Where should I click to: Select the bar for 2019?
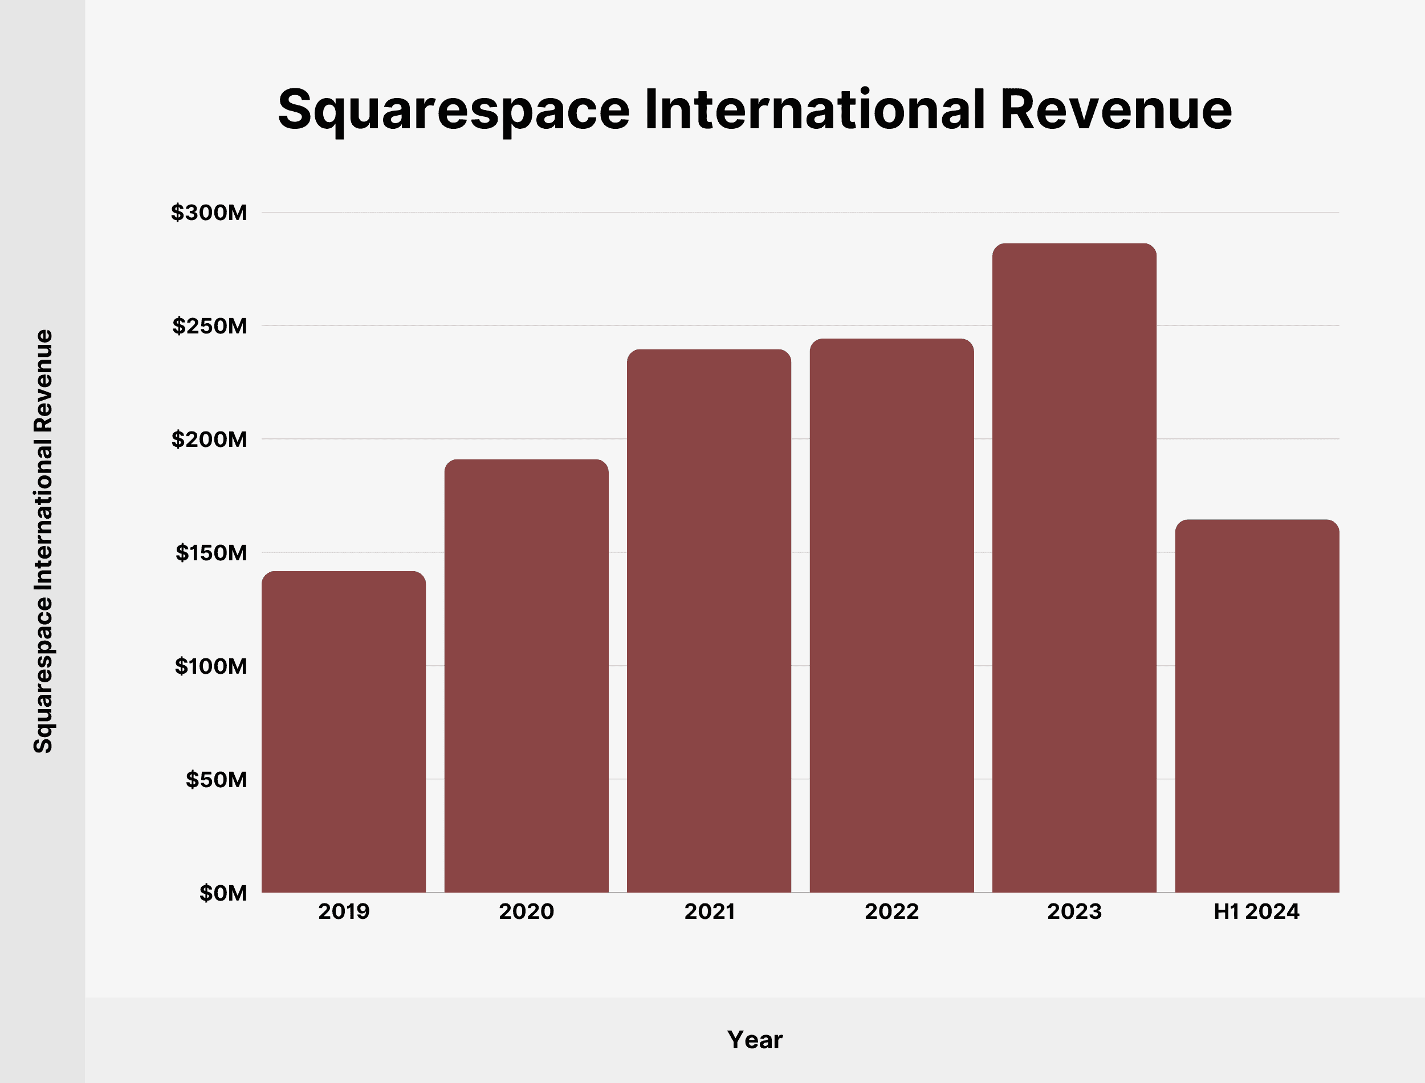pos(344,732)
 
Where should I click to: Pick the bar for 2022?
pos(891,616)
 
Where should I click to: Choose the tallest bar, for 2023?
pos(1074,568)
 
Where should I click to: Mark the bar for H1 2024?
pos(1257,706)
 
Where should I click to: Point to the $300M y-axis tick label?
pos(209,213)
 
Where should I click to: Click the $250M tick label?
pos(209,326)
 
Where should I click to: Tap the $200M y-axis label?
pos(209,439)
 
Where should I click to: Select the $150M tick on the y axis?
pos(211,553)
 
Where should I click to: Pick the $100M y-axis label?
pos(210,666)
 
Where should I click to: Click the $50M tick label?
pos(216,780)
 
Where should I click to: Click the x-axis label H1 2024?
pos(1256,911)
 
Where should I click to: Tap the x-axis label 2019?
pos(344,911)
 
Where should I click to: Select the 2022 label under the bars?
pos(891,911)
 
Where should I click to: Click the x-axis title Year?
pos(754,1040)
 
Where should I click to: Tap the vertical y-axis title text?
pos(43,541)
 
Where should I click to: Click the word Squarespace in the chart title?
pos(453,111)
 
